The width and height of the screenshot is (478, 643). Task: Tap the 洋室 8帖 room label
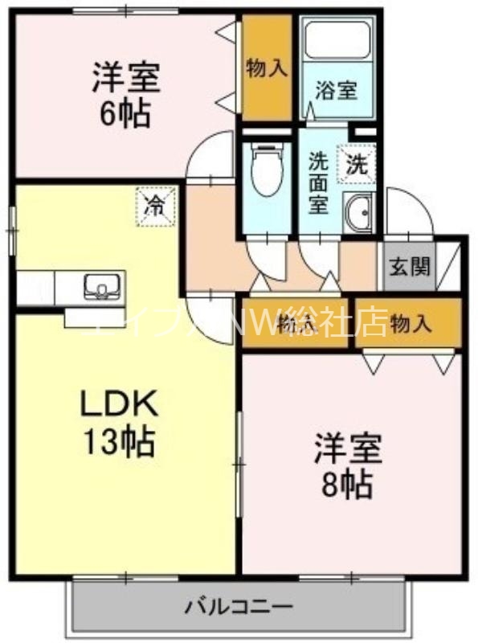[x=348, y=465]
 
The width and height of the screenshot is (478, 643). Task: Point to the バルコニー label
[x=239, y=604]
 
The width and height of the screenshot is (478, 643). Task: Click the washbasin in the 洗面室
[x=357, y=211]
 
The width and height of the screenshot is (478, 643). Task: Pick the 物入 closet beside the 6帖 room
[x=267, y=68]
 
